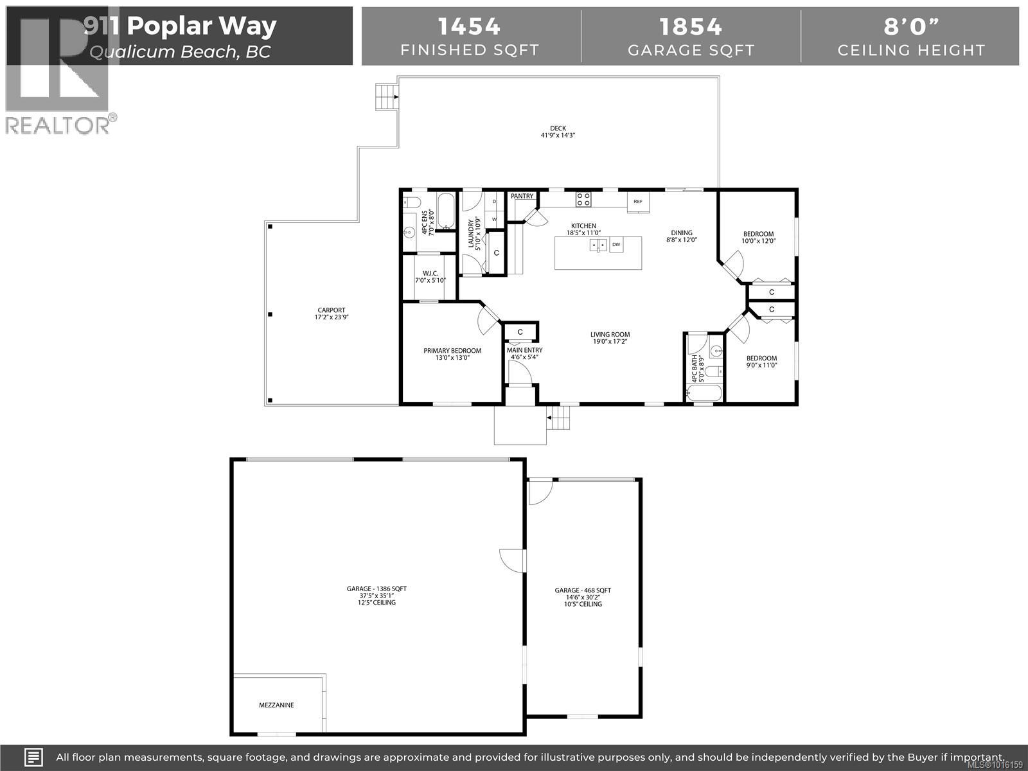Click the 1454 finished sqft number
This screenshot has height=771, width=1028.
(x=469, y=26)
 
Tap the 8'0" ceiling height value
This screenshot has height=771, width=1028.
(x=910, y=26)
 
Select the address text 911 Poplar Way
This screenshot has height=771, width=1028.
(x=181, y=26)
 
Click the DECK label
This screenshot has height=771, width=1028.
(x=558, y=128)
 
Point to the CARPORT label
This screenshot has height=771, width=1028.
(x=330, y=310)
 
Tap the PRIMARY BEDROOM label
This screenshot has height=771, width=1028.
(x=452, y=351)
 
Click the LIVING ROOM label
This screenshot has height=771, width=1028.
(x=610, y=334)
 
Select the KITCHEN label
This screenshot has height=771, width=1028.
(x=584, y=226)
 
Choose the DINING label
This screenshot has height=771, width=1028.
(x=682, y=233)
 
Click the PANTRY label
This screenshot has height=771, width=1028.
(x=522, y=196)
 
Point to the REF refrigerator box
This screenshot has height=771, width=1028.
(x=638, y=202)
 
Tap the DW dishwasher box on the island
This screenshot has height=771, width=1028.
(x=616, y=245)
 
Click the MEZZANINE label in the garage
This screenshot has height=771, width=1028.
(x=276, y=705)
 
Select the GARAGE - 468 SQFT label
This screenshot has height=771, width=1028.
(x=583, y=590)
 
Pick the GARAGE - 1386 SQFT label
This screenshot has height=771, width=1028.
(x=377, y=589)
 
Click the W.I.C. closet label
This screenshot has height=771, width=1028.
(x=430, y=273)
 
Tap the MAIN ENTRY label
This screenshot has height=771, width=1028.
(x=524, y=350)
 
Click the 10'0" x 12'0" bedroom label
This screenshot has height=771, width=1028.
(x=758, y=234)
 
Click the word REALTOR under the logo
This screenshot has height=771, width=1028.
(x=58, y=125)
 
